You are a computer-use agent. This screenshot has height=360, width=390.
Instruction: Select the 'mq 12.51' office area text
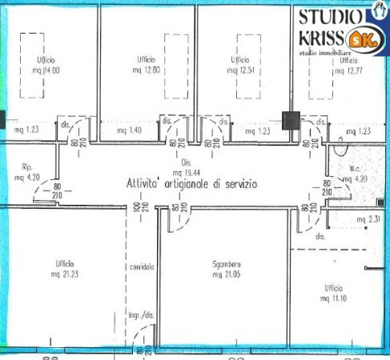pos(240,70)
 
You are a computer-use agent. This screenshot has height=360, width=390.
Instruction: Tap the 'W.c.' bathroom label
pos(356,169)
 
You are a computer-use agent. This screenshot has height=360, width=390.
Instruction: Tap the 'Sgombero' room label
pos(227,265)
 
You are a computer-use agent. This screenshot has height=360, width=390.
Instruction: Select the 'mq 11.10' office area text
pos(333,297)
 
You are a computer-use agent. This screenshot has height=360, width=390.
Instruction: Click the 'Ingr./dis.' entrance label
pos(140,318)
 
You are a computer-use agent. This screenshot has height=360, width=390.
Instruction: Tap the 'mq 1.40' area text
pos(129,130)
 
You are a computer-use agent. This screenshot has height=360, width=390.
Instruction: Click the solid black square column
pos(291,120)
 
